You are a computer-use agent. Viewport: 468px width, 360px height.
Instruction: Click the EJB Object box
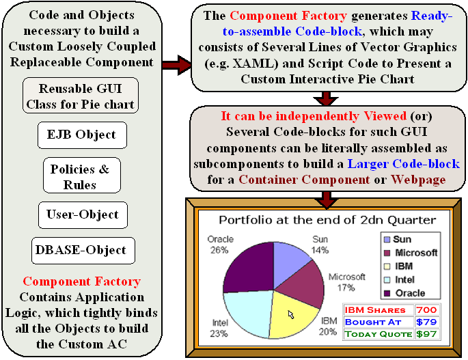pyautogui.click(x=82, y=135)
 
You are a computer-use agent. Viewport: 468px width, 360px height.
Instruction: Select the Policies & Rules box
pyautogui.click(x=82, y=176)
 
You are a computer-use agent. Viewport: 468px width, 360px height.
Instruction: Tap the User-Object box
pyautogui.click(x=83, y=215)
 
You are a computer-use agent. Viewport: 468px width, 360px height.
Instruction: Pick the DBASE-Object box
pyautogui.click(x=83, y=251)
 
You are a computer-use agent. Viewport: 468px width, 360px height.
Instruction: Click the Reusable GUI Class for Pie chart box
pyautogui.click(x=81, y=96)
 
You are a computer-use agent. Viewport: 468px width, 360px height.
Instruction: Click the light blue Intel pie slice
pyautogui.click(x=248, y=314)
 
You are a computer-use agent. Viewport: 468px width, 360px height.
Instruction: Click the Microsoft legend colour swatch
pyautogui.click(x=387, y=253)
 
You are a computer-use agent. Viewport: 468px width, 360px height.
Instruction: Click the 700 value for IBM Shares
pyautogui.click(x=427, y=310)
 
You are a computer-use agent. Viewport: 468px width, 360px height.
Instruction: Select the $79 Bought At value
pyautogui.click(x=427, y=322)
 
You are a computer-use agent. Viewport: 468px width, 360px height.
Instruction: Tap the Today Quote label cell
pyautogui.click(x=378, y=334)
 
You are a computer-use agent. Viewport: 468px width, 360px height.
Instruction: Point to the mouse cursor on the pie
pyautogui.click(x=291, y=314)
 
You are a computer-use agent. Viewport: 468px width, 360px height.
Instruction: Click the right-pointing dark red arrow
pyautogui.click(x=177, y=65)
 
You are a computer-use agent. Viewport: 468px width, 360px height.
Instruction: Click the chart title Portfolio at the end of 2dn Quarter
pyautogui.click(x=327, y=220)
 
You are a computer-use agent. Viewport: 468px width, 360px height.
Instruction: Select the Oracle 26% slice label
pyautogui.click(x=220, y=245)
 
